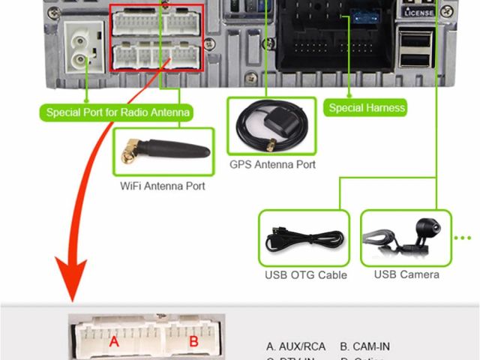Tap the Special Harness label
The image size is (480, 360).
pos(367,108)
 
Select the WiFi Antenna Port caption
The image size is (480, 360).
pos(162,186)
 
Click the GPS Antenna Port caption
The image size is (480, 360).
pos(273,164)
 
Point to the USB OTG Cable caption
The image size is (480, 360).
pos(305,275)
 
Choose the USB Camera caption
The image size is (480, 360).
pos(406,274)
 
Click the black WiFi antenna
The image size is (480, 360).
pos(172,148)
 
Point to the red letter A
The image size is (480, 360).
pos(114,342)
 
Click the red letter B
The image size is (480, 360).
pos(193,342)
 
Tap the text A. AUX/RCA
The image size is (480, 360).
pos(296,346)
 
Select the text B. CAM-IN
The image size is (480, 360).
pos(364,346)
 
